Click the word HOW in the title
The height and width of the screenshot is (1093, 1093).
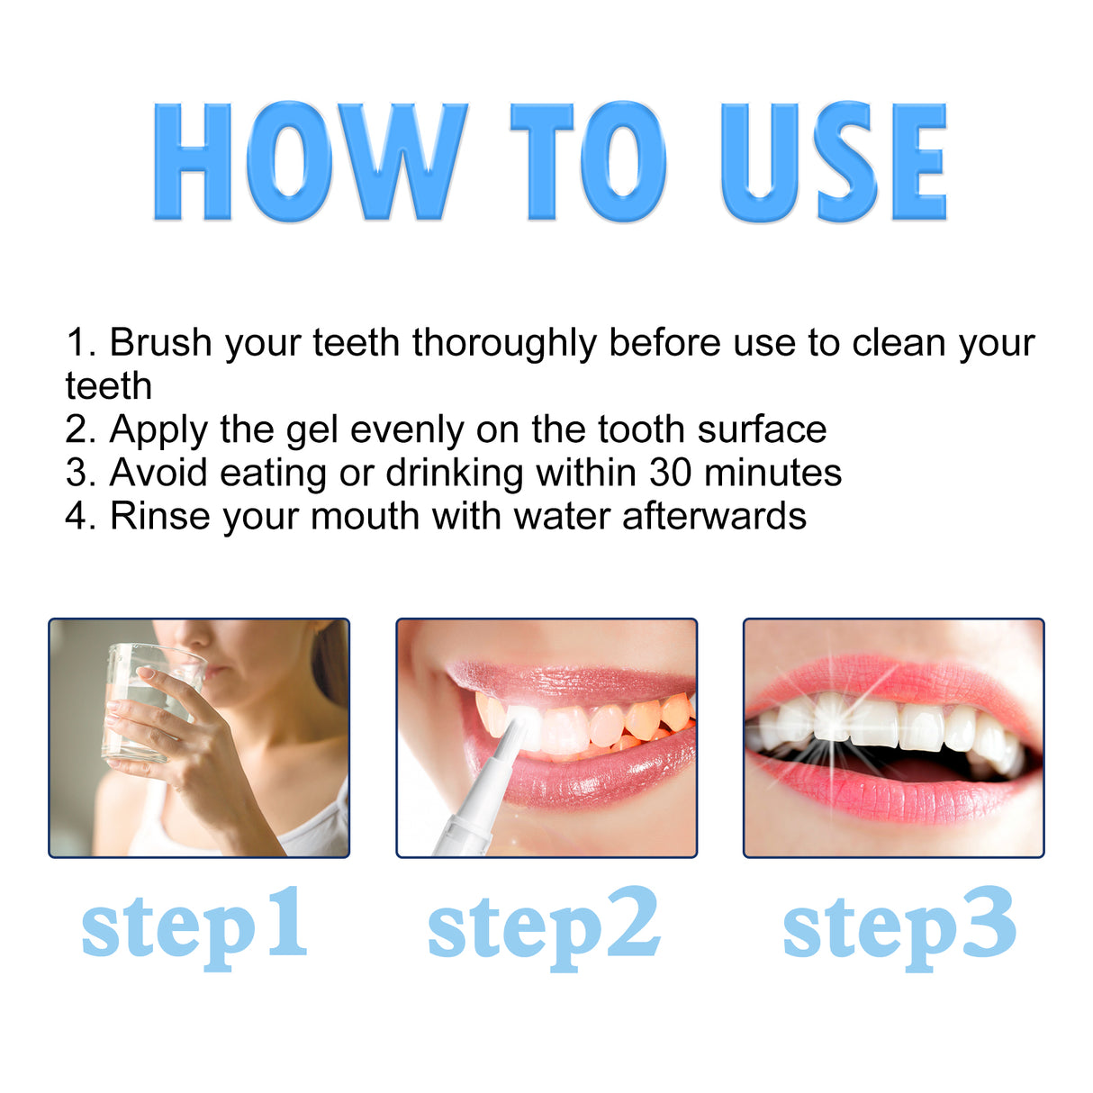[x=309, y=162]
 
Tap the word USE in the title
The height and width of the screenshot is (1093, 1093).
[x=833, y=162]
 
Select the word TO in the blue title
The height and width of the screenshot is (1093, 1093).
[x=588, y=162]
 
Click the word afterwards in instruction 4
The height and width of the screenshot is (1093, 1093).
[x=714, y=516]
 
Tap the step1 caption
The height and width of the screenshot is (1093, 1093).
[x=194, y=926]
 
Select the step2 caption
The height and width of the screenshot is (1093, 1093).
[x=544, y=926]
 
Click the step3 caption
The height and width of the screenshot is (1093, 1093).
[x=899, y=926]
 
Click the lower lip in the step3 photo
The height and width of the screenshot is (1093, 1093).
[x=891, y=797]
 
